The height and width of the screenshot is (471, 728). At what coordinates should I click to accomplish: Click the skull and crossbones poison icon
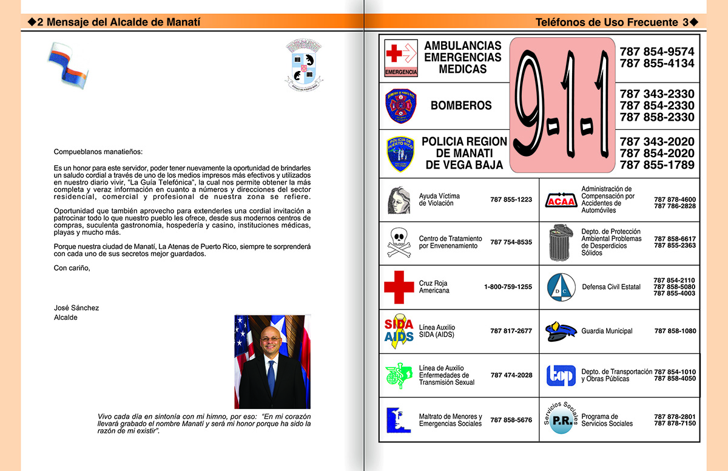pyautogui.click(x=399, y=242)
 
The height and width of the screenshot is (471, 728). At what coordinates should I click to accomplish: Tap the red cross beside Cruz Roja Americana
pyautogui.click(x=399, y=287)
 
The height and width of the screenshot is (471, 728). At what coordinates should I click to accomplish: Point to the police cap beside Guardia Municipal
pyautogui.click(x=560, y=331)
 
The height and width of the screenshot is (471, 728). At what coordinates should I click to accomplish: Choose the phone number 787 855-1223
pyautogui.click(x=511, y=200)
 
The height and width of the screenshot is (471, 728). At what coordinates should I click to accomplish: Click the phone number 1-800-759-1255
pyautogui.click(x=508, y=287)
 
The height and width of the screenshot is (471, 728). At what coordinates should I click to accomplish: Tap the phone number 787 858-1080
pyautogui.click(x=675, y=331)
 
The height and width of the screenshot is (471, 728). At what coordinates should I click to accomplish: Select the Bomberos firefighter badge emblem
pyautogui.click(x=401, y=106)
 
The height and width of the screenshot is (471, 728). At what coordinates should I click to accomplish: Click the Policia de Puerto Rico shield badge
pyautogui.click(x=401, y=154)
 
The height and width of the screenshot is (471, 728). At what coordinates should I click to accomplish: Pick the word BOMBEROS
pyautogui.click(x=461, y=106)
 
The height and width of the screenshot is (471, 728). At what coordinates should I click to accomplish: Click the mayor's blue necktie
pyautogui.click(x=271, y=377)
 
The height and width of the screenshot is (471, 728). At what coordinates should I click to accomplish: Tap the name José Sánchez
pyautogui.click(x=76, y=308)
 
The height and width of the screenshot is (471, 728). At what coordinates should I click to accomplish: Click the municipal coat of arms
pyautogui.click(x=304, y=64)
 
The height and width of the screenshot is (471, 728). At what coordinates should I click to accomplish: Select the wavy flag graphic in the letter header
pyautogui.click(x=68, y=64)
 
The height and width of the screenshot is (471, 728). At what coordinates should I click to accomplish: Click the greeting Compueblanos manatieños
pyautogui.click(x=99, y=152)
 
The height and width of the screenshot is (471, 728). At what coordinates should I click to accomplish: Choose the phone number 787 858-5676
pyautogui.click(x=511, y=420)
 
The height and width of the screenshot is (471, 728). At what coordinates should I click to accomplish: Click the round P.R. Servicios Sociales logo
pyautogui.click(x=560, y=420)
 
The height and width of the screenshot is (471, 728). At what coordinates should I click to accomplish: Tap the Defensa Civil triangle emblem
pyautogui.click(x=561, y=287)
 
